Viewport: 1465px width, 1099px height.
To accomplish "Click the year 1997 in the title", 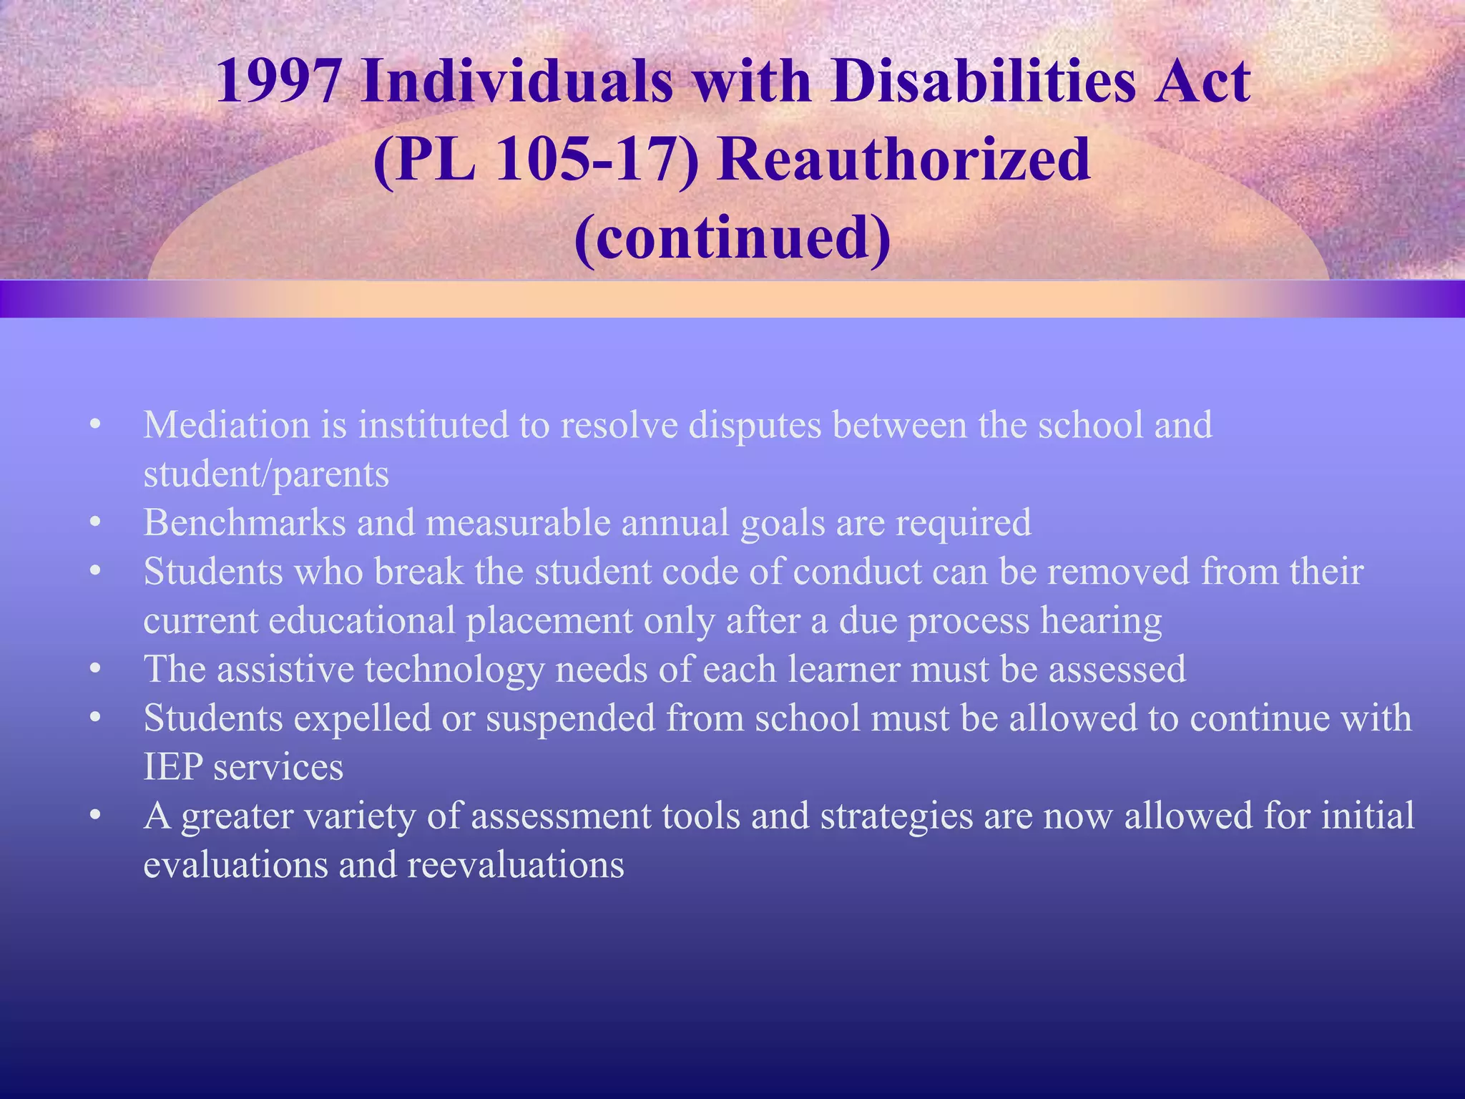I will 279,82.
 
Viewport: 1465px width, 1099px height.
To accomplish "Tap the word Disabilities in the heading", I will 983,82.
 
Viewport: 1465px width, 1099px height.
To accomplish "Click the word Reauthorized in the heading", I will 904,160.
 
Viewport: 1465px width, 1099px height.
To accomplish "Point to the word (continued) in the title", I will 732,238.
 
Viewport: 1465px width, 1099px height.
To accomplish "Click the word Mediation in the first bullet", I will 226,425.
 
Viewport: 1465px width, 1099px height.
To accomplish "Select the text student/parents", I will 266,474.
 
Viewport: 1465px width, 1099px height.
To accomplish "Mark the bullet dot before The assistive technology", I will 95,670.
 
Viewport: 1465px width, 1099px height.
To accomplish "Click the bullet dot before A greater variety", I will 95,816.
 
